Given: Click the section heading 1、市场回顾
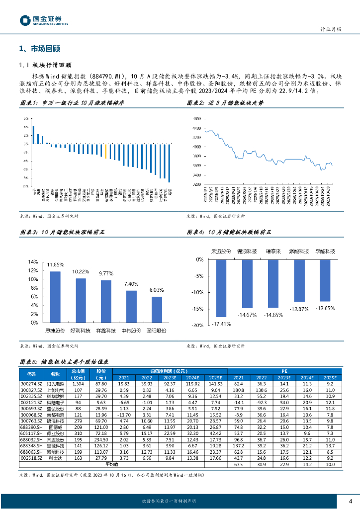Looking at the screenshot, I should [39, 49].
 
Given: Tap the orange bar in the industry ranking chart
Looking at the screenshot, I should [105, 152].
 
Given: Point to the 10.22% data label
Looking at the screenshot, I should [81, 271].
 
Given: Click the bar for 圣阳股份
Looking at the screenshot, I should [157, 309].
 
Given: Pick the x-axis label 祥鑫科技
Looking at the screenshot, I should [106, 331].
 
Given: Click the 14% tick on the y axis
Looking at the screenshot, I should [33, 262].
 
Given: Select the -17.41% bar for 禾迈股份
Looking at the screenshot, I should [221, 288].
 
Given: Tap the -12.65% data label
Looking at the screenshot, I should [325, 308].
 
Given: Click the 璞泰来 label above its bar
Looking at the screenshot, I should [274, 252].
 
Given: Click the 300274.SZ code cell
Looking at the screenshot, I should [31, 384].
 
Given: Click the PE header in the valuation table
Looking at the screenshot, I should [284, 370].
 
